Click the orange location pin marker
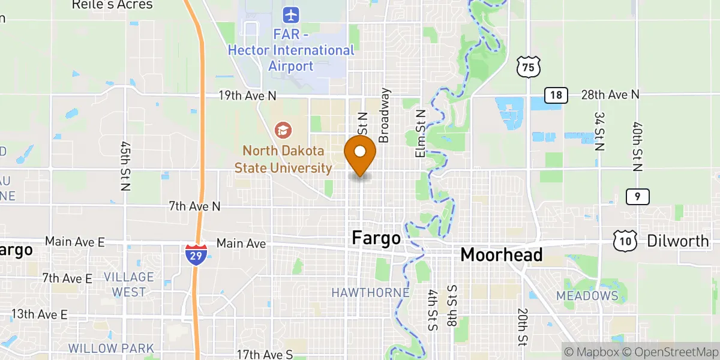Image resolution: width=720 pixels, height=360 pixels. tap(360, 153)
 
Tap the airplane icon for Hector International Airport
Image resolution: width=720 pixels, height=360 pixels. tap(292, 13)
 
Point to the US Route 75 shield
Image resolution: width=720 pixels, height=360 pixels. tap(528, 67)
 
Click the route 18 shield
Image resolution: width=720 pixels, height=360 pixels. tap(556, 95)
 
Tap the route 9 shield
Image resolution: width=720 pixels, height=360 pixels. tap(637, 196)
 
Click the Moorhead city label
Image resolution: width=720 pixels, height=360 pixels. tap(502, 254)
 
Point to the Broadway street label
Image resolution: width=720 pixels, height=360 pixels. tap(385, 115)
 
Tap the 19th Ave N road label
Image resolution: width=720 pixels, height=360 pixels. tap(248, 95)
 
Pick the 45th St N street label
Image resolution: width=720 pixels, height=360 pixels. tap(125, 166)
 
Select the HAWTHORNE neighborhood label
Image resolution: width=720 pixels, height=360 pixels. tap(370, 293)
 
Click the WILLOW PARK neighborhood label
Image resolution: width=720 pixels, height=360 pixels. tap(111, 348)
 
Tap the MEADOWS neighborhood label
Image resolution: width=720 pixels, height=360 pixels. tap(587, 296)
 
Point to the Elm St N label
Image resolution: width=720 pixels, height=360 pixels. tap(421, 133)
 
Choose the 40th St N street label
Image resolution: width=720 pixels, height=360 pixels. tap(638, 145)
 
